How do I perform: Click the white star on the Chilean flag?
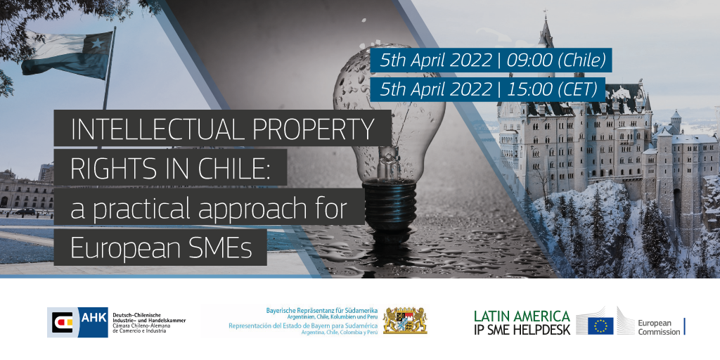pos(97,43)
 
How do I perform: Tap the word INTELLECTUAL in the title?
pos(157,129)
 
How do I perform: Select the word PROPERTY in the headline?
pos(314,129)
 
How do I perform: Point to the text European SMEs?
pos(161,248)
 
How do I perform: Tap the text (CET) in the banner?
pos(579,89)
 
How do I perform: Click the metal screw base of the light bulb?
pos(390,205)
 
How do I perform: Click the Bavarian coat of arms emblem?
pos(404,321)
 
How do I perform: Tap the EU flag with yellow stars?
pos(600,326)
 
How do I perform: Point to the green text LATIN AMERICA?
pos(522,316)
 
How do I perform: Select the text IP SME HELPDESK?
pos(522,329)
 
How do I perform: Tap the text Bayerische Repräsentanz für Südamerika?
pos(321,310)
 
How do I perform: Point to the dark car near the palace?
pos(25,212)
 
